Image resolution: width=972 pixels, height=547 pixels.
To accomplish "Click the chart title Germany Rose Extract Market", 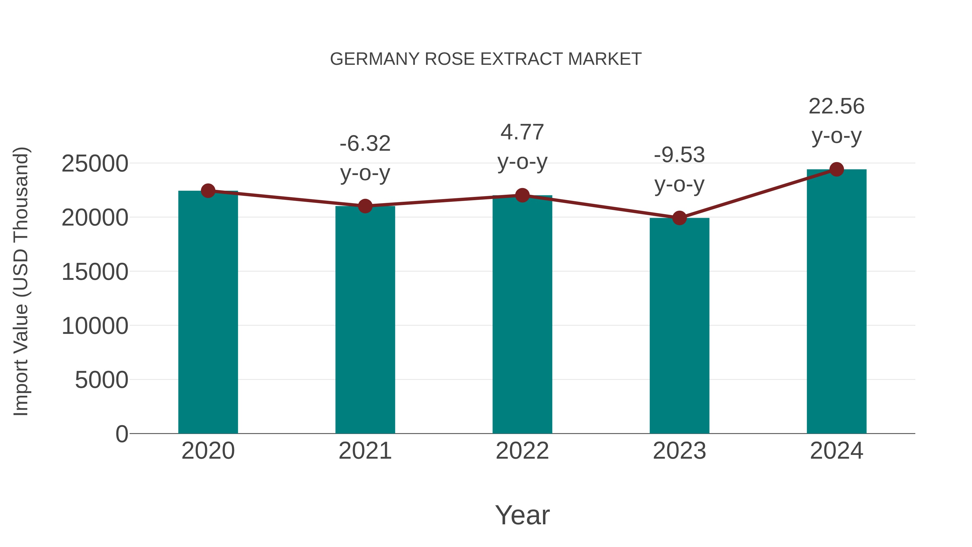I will [486, 59].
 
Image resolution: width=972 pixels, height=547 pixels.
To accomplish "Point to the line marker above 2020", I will [208, 191].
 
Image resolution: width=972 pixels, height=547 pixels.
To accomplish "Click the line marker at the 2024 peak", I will [836, 169].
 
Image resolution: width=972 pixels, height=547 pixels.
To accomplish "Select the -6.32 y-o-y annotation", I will [365, 158].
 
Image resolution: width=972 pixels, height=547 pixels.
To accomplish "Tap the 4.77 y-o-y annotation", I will [522, 147].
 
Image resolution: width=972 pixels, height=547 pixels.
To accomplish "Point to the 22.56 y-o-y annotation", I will [836, 121].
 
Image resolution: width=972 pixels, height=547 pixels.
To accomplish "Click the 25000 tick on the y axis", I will [95, 164].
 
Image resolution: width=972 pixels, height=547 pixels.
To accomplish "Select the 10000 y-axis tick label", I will [95, 326].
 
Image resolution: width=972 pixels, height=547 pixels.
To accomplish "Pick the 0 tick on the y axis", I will [122, 434].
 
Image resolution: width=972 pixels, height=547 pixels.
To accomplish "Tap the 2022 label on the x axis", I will [522, 451].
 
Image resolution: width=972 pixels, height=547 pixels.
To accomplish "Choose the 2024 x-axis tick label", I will [836, 451].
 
